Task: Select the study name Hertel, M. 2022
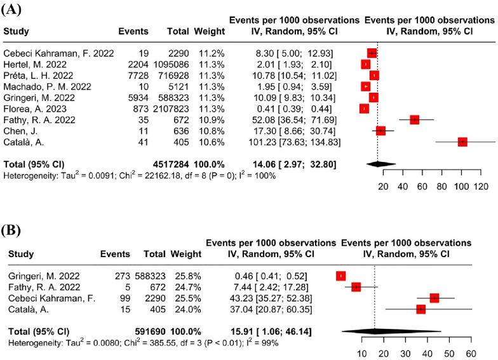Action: click(36, 64)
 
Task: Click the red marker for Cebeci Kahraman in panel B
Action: click(434, 298)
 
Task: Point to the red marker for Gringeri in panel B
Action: click(341, 276)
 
